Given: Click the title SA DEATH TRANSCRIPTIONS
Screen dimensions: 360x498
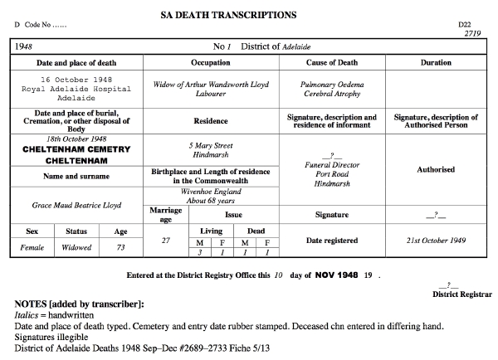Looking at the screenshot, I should tap(249, 15).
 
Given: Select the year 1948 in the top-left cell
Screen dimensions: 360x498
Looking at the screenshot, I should tap(25, 46).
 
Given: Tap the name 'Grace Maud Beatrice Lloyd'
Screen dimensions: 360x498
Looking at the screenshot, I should tap(76, 204).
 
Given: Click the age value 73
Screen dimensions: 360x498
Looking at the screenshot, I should tap(120, 246).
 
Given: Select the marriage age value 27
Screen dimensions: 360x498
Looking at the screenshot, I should tap(165, 240).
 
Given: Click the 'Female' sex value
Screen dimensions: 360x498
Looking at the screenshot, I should tap(31, 246).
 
